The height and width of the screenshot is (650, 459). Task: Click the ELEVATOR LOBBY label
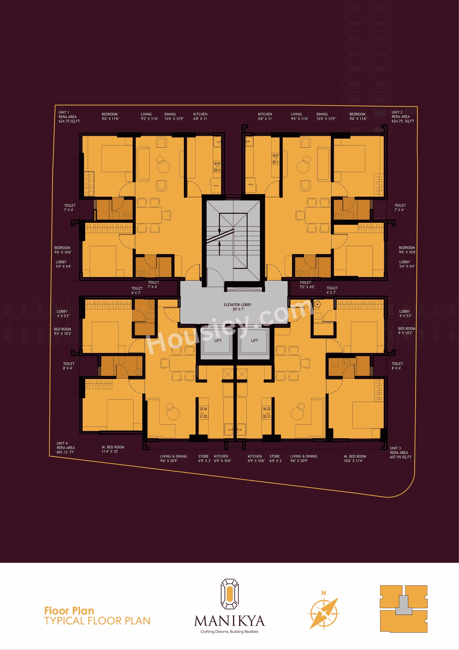[238, 305]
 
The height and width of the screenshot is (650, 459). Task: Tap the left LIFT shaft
[217, 341]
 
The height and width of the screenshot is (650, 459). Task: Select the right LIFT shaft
[254, 341]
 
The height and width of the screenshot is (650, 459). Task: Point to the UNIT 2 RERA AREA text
[402, 117]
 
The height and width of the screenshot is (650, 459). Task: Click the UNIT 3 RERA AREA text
[400, 452]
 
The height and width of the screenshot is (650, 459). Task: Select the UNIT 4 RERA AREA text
[65, 448]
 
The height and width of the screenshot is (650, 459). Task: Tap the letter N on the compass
[324, 593]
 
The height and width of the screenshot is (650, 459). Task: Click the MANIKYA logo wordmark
[229, 621]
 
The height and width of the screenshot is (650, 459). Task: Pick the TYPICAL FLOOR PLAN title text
[97, 621]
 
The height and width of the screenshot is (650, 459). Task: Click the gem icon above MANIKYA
[229, 594]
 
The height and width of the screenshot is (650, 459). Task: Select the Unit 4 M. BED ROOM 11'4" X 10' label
[113, 449]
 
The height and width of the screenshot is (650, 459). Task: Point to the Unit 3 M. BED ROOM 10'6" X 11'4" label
[355, 458]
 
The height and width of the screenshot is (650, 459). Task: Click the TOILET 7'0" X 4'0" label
[307, 285]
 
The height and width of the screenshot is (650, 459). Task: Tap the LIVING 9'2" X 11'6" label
[149, 116]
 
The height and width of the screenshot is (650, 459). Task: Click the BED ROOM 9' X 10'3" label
[406, 331]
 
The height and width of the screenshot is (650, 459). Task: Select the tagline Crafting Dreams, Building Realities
[229, 632]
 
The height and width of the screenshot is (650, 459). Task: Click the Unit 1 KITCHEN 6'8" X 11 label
[200, 116]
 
